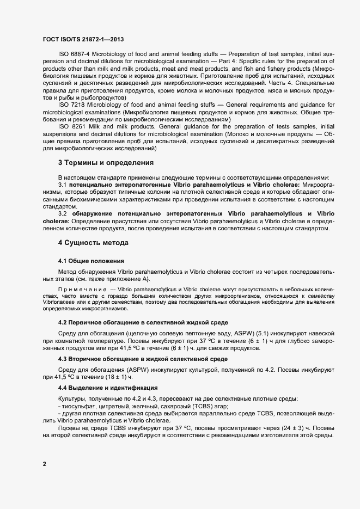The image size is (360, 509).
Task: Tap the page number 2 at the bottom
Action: [x=44, y=464]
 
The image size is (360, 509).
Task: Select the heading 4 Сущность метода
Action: [x=93, y=242]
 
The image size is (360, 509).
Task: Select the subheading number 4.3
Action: [x=63, y=359]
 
